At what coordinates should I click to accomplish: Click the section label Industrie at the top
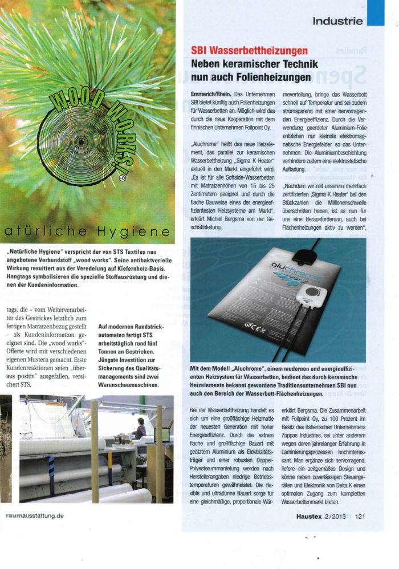coord(337,22)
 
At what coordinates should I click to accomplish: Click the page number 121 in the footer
coord(359,517)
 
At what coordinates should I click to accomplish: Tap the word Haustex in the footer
coord(313,517)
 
